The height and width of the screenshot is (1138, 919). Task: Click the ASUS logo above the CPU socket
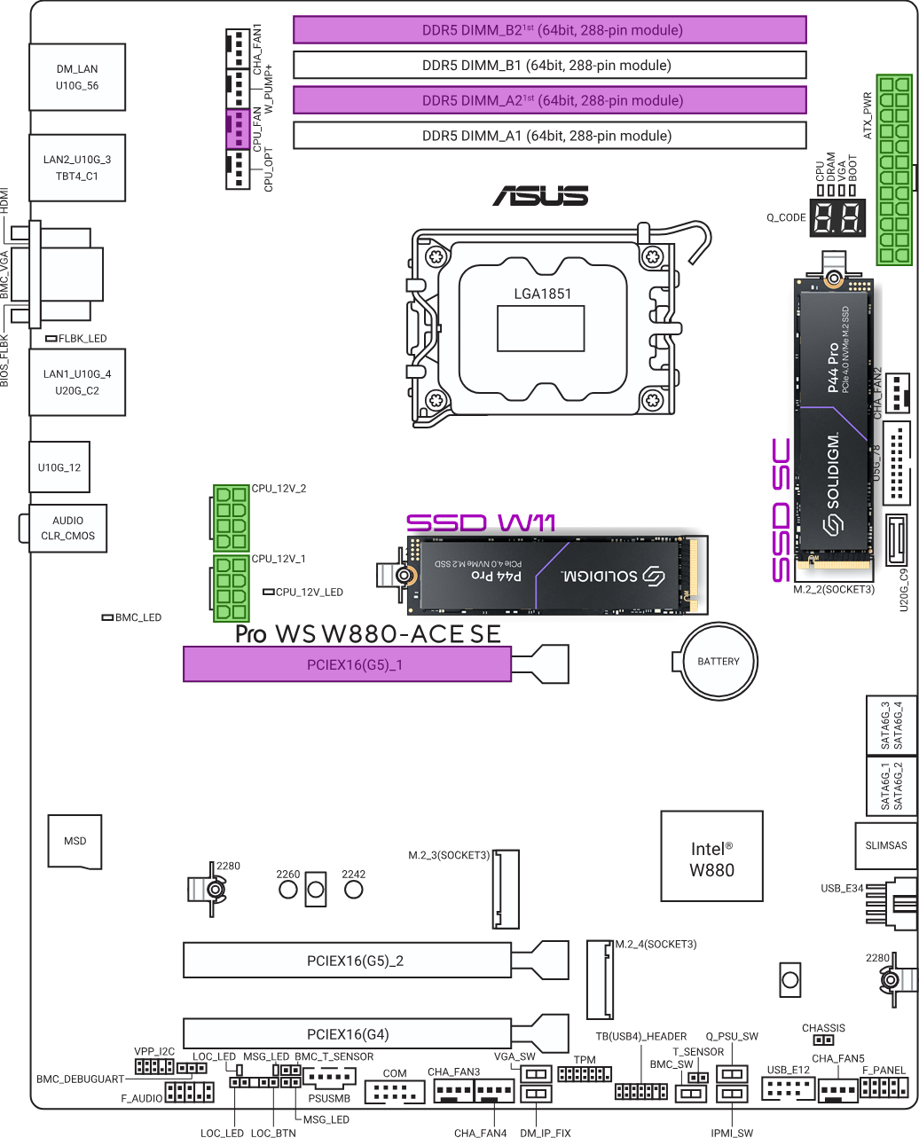pyautogui.click(x=540, y=196)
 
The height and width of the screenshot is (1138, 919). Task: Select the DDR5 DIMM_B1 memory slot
pyautogui.click(x=549, y=65)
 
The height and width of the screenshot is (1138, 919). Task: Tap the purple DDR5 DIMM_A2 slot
pyautogui.click(x=549, y=100)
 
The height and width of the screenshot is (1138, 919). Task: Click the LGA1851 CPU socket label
pyautogui.click(x=542, y=294)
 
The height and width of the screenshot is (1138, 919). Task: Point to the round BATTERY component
pyautogui.click(x=719, y=661)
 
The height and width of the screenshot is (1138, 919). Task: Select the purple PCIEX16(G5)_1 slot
pyautogui.click(x=347, y=664)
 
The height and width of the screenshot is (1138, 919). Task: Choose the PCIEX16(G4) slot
pyautogui.click(x=347, y=1034)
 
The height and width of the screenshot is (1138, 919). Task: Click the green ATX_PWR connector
pyautogui.click(x=893, y=169)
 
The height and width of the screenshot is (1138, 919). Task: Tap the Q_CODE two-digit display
pyautogui.click(x=837, y=218)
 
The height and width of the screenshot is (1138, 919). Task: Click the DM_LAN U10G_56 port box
pyautogui.click(x=77, y=77)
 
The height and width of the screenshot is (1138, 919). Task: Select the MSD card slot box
pyautogui.click(x=75, y=841)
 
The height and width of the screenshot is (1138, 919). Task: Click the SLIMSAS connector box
pyautogui.click(x=886, y=845)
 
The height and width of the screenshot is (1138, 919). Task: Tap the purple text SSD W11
pyautogui.click(x=481, y=523)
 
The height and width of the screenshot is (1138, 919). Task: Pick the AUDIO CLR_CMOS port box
pyautogui.click(x=67, y=529)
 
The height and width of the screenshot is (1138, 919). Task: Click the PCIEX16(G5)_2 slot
pyautogui.click(x=347, y=961)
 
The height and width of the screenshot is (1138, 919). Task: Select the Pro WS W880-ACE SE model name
pyautogui.click(x=368, y=634)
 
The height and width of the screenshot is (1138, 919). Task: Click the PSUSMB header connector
pyautogui.click(x=329, y=1079)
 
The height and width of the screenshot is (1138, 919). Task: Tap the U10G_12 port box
pyautogui.click(x=59, y=467)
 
